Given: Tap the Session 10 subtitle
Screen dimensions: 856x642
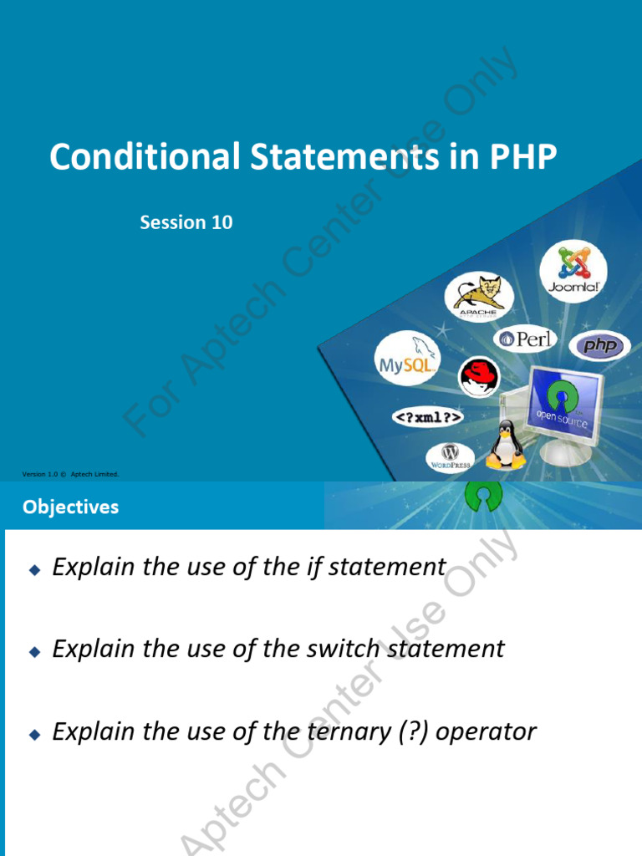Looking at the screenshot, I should pos(186,222).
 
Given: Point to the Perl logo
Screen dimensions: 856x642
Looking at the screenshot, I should pos(527,339).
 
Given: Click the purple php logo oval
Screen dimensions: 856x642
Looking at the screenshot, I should pos(599,345).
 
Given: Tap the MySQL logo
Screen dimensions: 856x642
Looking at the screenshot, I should pos(405,359).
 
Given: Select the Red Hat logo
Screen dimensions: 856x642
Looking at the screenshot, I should pos(478,376).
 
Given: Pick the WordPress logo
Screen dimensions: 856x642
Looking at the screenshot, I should pos(451,456).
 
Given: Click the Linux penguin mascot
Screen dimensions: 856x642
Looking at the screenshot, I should pos(506,445).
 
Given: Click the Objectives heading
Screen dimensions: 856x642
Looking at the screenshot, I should pos(71,507).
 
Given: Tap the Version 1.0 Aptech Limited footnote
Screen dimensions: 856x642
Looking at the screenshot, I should pos(71,474).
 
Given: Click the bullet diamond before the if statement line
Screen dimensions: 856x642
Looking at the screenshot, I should pos(34,569).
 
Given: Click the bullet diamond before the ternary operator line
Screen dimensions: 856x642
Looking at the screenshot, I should pos(34,735).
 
